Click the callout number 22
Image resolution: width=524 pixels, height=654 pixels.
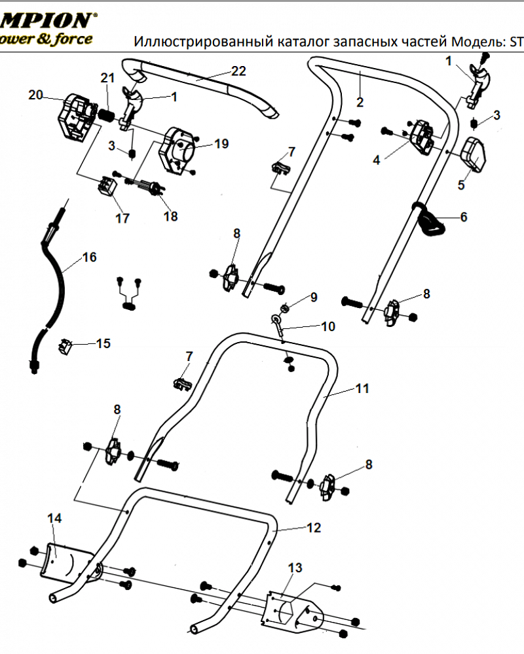238,71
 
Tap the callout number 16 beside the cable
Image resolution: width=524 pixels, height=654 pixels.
89,257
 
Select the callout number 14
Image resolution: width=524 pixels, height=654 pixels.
54,518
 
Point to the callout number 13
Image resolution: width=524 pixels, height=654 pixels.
295,568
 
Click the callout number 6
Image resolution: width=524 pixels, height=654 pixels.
464,216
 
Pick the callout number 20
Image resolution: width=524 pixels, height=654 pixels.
35,95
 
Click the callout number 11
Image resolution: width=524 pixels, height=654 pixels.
362,388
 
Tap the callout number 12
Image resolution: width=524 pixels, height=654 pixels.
314,527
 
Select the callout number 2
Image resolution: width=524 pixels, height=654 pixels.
360,101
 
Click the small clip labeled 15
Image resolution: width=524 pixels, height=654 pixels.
66,345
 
